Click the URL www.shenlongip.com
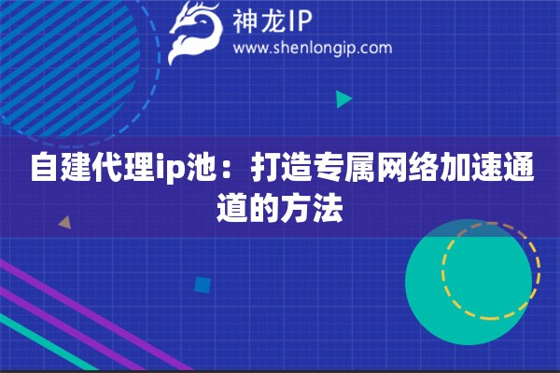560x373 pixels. (312, 48)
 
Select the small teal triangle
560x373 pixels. (343, 98)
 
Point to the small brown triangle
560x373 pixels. (64, 223)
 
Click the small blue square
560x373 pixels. (201, 284)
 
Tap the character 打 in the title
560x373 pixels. (262, 172)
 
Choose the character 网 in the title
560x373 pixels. (385, 172)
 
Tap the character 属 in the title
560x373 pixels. (355, 172)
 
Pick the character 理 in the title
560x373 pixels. (136, 172)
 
